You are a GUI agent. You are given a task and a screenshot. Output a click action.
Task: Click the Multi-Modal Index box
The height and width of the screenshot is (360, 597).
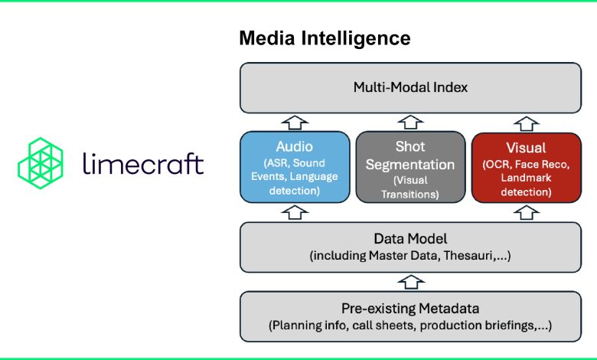pos(410,88)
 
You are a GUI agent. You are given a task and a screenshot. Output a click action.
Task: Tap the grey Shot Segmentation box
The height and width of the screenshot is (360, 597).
pos(410,167)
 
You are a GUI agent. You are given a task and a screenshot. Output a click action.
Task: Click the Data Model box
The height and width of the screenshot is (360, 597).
pos(410,247)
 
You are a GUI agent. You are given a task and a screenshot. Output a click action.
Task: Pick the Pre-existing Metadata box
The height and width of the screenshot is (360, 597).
pos(410,316)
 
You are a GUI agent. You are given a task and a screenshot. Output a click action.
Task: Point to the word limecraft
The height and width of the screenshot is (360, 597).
pos(143,164)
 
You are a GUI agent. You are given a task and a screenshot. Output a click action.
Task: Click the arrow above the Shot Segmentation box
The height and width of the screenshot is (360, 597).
pos(410,122)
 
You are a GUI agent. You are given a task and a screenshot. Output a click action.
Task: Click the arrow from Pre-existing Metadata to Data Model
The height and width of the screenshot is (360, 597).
pos(410,281)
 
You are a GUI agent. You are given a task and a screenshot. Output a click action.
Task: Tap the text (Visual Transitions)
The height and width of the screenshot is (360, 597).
pos(410,188)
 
